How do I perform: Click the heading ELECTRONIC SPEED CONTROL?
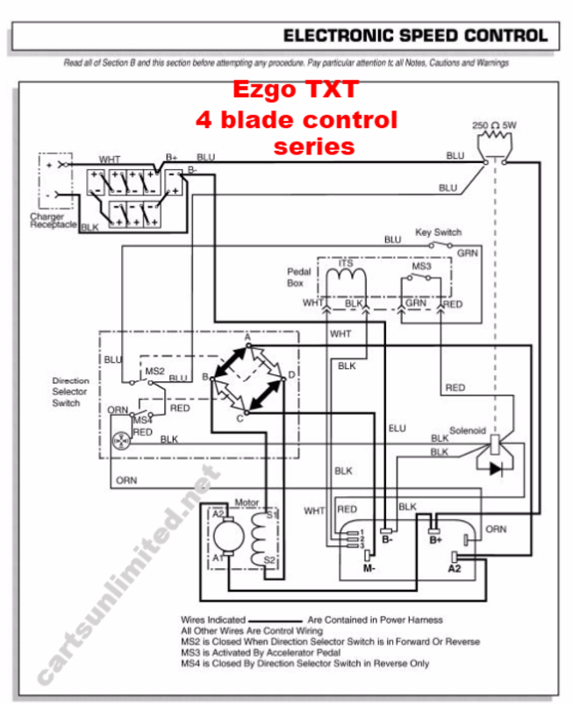coord(415,36)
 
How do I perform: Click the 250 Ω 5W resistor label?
coord(494,125)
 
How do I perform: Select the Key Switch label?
coord(438,233)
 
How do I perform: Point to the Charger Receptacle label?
coord(53,221)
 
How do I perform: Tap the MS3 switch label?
coord(421,265)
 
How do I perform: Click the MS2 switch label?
coord(154,371)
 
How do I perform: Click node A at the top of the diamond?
coord(248,337)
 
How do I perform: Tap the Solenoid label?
coord(467,430)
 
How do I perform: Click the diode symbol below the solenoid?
coord(496,469)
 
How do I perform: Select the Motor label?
coord(247,502)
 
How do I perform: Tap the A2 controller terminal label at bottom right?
coord(454,570)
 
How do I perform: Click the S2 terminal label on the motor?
coord(271,558)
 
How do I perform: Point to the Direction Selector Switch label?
coord(70,392)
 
